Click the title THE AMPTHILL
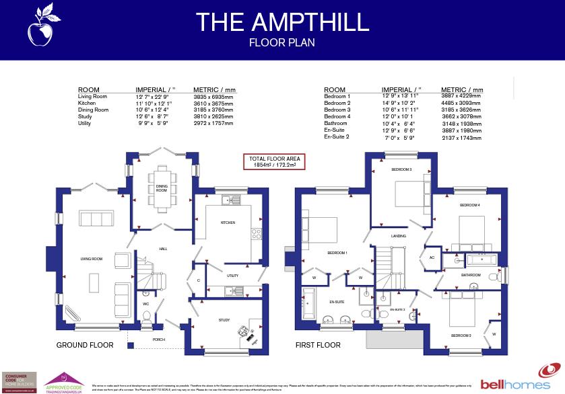coord(282,22)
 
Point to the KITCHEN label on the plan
coord(228,223)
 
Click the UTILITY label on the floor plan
coord(233,276)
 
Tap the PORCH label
coord(159,340)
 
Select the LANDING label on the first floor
coord(399,237)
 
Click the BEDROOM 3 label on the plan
coord(401,170)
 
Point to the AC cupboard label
coord(432,257)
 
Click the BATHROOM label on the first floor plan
coord(471,275)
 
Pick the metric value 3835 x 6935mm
coord(213,97)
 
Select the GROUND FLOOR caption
coord(84,345)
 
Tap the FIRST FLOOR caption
coord(318,345)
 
